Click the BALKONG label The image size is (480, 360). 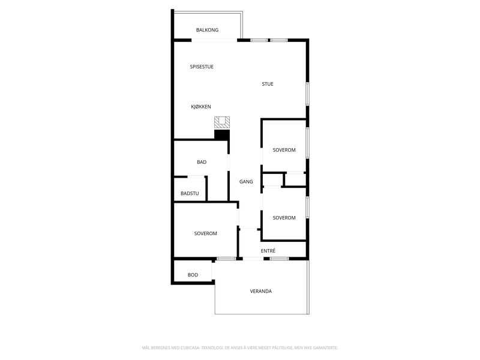[x=207, y=30]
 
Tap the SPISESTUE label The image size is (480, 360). [x=202, y=67]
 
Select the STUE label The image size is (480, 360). [x=268, y=84]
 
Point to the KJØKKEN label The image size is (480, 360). [x=201, y=107]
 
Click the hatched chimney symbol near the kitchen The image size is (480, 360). [x=222, y=122]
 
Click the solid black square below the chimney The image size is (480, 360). [x=222, y=135]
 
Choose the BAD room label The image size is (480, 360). [x=202, y=162]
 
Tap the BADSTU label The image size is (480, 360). [x=190, y=193]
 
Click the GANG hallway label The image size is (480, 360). [x=246, y=182]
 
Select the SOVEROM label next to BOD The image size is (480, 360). [x=206, y=233]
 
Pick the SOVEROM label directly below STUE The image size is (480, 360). [x=284, y=150]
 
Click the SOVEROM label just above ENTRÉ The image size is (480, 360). [x=284, y=218]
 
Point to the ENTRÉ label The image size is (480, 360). [x=268, y=251]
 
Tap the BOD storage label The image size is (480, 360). [x=193, y=275]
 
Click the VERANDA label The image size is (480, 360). [x=261, y=291]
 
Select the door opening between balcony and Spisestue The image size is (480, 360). [x=214, y=40]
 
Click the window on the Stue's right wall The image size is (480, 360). [x=308, y=94]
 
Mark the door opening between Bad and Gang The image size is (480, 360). [x=229, y=163]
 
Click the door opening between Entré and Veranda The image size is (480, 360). [x=253, y=259]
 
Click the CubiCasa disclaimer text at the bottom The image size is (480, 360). [x=240, y=348]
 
